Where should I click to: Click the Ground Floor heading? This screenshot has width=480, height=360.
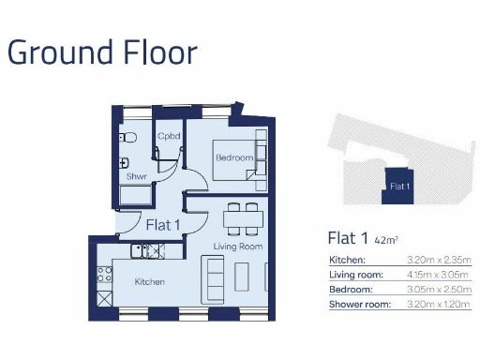[x=102, y=52]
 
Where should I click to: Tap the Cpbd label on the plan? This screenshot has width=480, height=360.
[x=169, y=137]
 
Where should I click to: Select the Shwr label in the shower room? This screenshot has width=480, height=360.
[x=136, y=175]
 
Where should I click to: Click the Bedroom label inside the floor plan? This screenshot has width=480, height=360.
[x=234, y=158]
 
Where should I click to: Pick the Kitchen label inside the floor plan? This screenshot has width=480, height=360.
[x=149, y=281]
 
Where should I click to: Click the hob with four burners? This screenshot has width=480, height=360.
[x=105, y=277]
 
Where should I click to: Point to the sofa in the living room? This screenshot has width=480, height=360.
[x=214, y=278]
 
